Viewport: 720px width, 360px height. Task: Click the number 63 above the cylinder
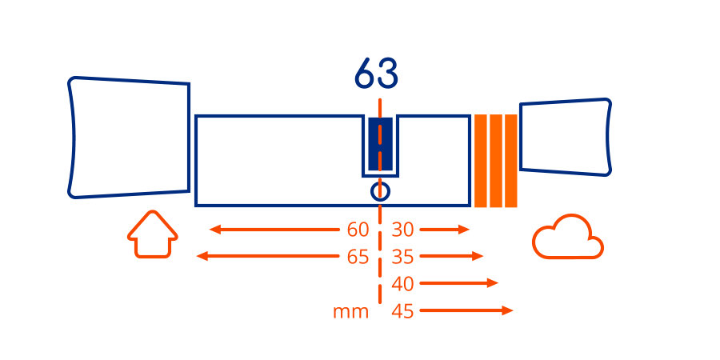376,73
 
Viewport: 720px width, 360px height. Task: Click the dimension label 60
358,230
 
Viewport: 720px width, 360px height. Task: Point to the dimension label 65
358,257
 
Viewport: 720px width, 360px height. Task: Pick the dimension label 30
402,230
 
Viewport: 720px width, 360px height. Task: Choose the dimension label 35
402,257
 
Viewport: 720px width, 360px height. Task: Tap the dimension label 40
402,284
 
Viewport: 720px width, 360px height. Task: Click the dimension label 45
402,312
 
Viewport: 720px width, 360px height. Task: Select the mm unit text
351,312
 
